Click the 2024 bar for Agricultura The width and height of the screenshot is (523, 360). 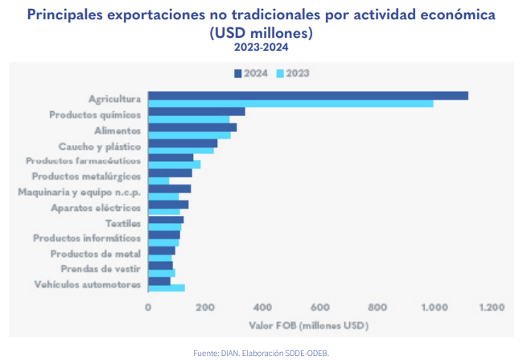[x=308, y=96]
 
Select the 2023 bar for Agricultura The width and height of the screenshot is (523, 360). [x=290, y=103]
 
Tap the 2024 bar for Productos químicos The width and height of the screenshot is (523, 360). [x=196, y=111]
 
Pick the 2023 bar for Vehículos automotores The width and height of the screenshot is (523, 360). [x=167, y=288]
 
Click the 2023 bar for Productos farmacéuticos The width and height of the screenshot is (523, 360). [x=175, y=164]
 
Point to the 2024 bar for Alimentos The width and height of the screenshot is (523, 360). [x=192, y=126]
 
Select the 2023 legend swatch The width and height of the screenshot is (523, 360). [x=281, y=72]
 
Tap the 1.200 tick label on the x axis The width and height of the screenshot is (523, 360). [x=491, y=308]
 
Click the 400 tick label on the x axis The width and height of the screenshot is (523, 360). [x=262, y=308]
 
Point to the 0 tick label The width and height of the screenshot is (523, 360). [x=148, y=308]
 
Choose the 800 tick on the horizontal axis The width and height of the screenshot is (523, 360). [x=377, y=308]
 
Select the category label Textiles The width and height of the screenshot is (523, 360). [x=123, y=222]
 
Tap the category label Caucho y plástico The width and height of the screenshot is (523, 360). [x=100, y=146]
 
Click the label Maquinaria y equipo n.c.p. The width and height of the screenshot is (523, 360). [x=80, y=192]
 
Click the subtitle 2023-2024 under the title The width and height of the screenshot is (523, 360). [x=261, y=48]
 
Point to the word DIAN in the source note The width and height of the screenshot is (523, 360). [x=230, y=353]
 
